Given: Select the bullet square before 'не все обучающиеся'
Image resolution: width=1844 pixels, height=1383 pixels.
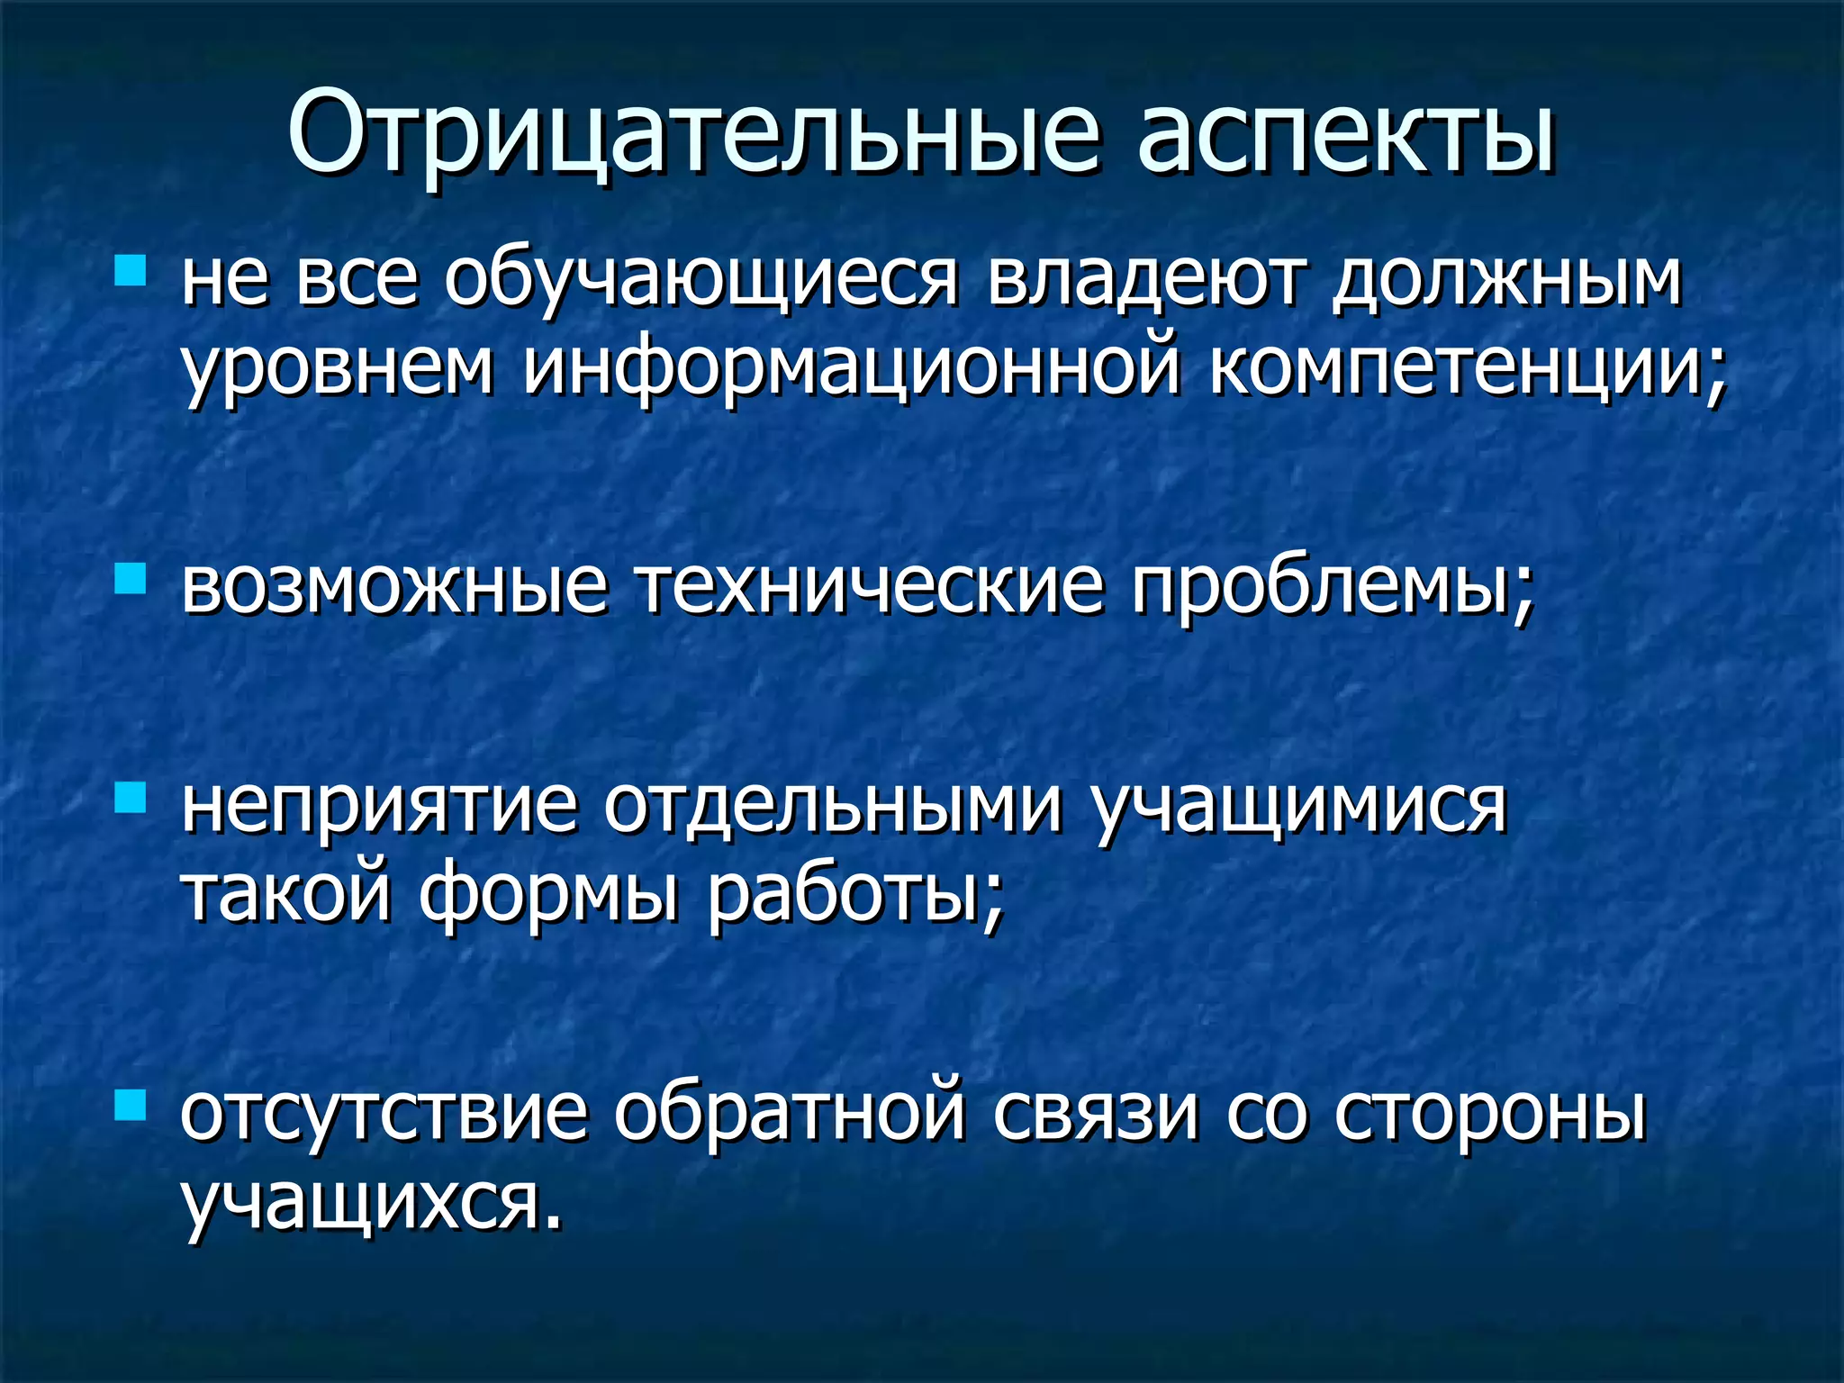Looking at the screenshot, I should (131, 270).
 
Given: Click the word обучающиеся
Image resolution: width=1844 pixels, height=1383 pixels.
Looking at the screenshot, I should (701, 279).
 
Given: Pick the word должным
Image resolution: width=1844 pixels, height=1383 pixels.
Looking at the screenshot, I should (1506, 279).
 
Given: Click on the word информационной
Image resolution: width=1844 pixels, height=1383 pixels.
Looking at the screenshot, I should (851, 369).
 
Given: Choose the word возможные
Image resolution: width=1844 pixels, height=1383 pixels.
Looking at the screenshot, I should (393, 587).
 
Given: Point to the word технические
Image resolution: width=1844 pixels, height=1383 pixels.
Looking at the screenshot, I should (870, 587).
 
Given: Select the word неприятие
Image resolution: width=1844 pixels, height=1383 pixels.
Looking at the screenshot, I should (378, 806).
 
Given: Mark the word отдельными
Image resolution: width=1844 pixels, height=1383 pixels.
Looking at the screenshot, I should (833, 806).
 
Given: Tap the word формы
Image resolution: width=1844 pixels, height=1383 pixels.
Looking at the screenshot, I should (548, 896).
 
